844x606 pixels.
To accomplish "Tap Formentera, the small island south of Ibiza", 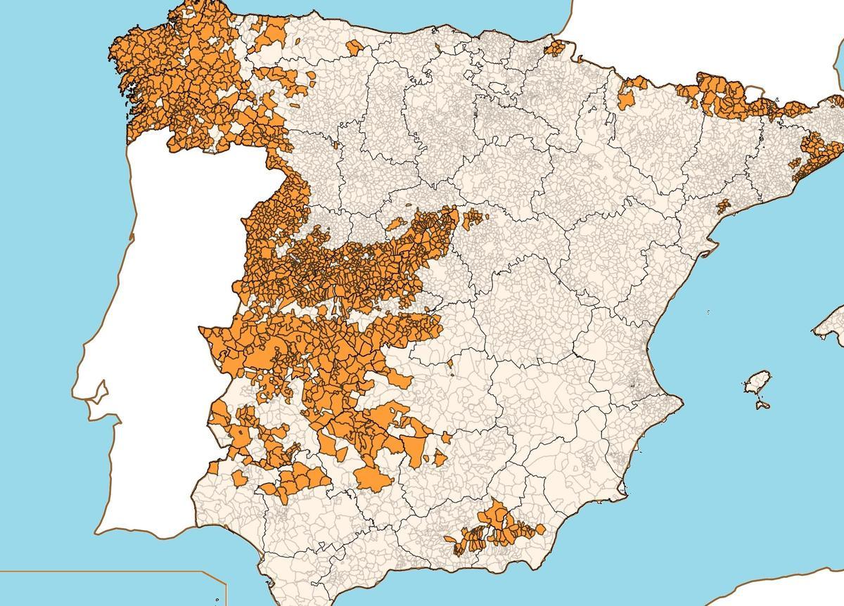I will (x=760, y=405).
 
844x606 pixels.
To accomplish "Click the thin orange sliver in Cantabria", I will (x=438, y=48).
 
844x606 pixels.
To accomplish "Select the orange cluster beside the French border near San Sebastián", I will (x=558, y=48).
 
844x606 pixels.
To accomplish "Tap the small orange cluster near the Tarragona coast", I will (x=723, y=206).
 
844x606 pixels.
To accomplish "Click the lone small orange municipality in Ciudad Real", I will (x=450, y=363).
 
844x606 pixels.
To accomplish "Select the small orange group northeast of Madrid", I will (x=473, y=218).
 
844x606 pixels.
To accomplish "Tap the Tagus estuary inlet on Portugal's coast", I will (x=98, y=390).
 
